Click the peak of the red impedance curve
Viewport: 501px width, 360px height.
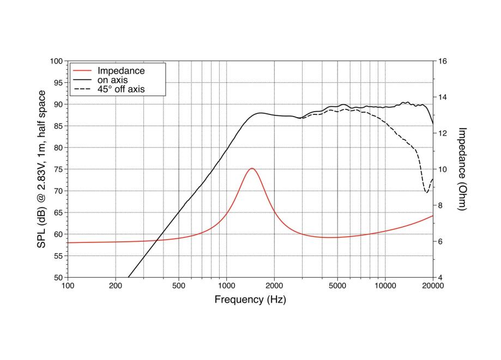[x=251, y=168]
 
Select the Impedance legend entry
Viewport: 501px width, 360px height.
[x=120, y=70]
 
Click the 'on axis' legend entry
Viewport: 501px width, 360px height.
[x=112, y=80]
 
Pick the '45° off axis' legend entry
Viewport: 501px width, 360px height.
[x=120, y=89]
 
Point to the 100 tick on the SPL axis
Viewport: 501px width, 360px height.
[x=57, y=61]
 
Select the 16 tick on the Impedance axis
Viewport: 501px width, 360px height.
[x=443, y=61]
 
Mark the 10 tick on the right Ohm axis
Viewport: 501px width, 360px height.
[x=443, y=169]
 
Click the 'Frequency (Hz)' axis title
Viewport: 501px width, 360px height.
[x=250, y=300]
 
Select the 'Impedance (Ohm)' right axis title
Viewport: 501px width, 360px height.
[x=462, y=169]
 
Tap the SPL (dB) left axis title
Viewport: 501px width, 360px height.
[x=41, y=169]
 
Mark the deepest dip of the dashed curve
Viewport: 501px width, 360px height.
[x=426, y=192]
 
